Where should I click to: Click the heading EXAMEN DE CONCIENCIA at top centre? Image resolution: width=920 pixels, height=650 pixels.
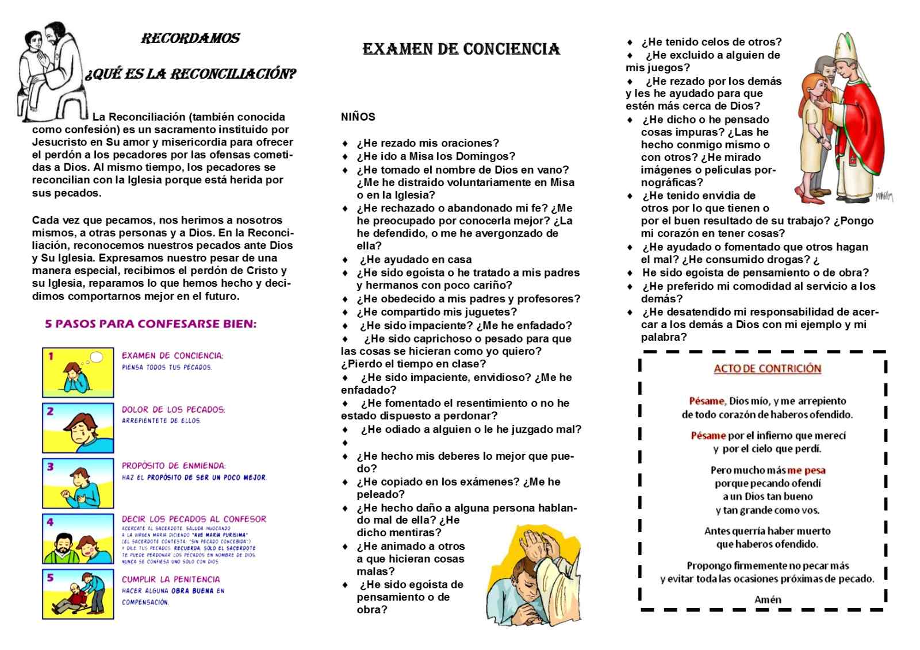point(461,49)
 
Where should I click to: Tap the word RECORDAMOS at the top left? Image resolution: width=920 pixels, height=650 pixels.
point(190,39)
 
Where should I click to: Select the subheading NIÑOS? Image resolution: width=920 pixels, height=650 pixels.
point(358,117)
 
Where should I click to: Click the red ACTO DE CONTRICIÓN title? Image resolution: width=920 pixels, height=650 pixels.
point(767,368)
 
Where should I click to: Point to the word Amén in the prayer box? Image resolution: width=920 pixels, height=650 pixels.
point(768,599)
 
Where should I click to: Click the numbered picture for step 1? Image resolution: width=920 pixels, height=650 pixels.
point(78,372)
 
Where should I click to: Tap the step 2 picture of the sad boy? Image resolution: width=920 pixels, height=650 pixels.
point(78,428)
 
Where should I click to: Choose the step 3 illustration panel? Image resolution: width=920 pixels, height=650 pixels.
point(78,483)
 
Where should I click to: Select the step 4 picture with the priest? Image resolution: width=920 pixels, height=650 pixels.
point(78,539)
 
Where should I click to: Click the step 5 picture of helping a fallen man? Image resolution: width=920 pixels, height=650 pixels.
point(78,594)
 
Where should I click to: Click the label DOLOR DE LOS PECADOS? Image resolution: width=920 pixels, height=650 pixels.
point(173,410)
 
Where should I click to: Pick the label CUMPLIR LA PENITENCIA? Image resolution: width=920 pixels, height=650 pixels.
point(171,579)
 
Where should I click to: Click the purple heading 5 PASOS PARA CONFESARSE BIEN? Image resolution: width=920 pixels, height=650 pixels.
point(151,324)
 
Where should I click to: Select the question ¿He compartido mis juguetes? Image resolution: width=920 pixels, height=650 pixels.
point(436,312)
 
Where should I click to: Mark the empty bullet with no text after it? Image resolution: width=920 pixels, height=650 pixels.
point(345,443)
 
